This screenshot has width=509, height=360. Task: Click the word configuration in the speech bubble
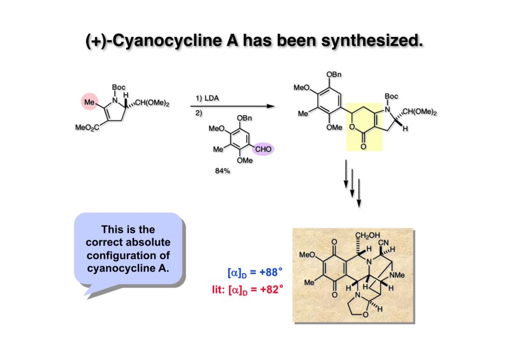point(128,255)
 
